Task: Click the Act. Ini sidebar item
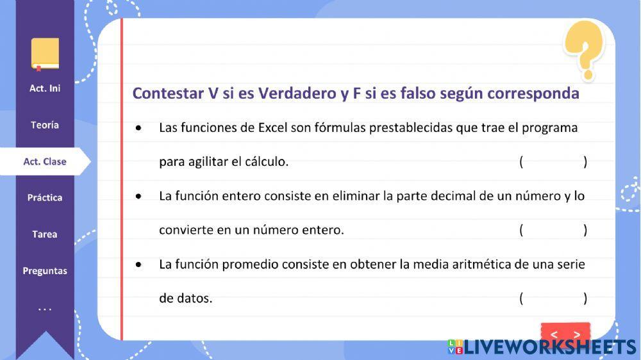pos(45,88)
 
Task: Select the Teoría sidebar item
pos(45,125)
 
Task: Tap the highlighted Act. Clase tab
pos(45,161)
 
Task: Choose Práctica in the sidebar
pos(45,198)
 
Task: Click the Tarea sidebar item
pos(45,234)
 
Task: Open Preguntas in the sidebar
pos(45,271)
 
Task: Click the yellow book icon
pos(45,54)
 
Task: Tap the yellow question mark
pos(584,48)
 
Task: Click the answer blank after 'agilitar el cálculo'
pos(553,162)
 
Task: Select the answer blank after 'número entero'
pos(553,230)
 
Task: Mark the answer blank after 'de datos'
pos(553,298)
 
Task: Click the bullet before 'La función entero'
pos(139,196)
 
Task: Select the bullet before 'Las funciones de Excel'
pos(139,128)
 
